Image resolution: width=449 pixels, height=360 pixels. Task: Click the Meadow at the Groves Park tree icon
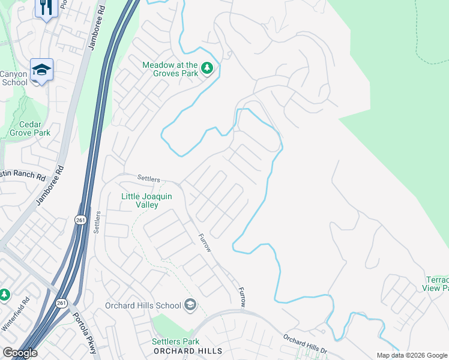[207, 68]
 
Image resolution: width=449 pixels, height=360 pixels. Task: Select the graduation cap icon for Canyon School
[41, 70]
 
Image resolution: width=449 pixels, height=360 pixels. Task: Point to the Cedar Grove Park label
[30, 128]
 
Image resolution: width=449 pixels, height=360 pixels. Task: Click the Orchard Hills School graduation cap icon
[190, 305]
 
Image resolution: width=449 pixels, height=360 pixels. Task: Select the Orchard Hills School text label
[143, 305]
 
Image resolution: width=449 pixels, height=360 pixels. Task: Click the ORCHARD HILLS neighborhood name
[187, 351]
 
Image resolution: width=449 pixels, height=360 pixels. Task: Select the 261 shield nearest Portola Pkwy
[61, 302]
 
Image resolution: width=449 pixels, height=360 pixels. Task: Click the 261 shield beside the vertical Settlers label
[80, 220]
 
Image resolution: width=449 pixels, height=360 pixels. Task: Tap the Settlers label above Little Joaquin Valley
[148, 178]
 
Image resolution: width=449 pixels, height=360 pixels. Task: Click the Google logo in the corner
[20, 353]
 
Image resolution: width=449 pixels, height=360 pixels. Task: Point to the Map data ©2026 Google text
[411, 355]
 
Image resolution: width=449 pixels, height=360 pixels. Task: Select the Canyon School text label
[14, 78]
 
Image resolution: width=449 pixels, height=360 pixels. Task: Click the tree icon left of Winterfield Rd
[4, 295]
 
